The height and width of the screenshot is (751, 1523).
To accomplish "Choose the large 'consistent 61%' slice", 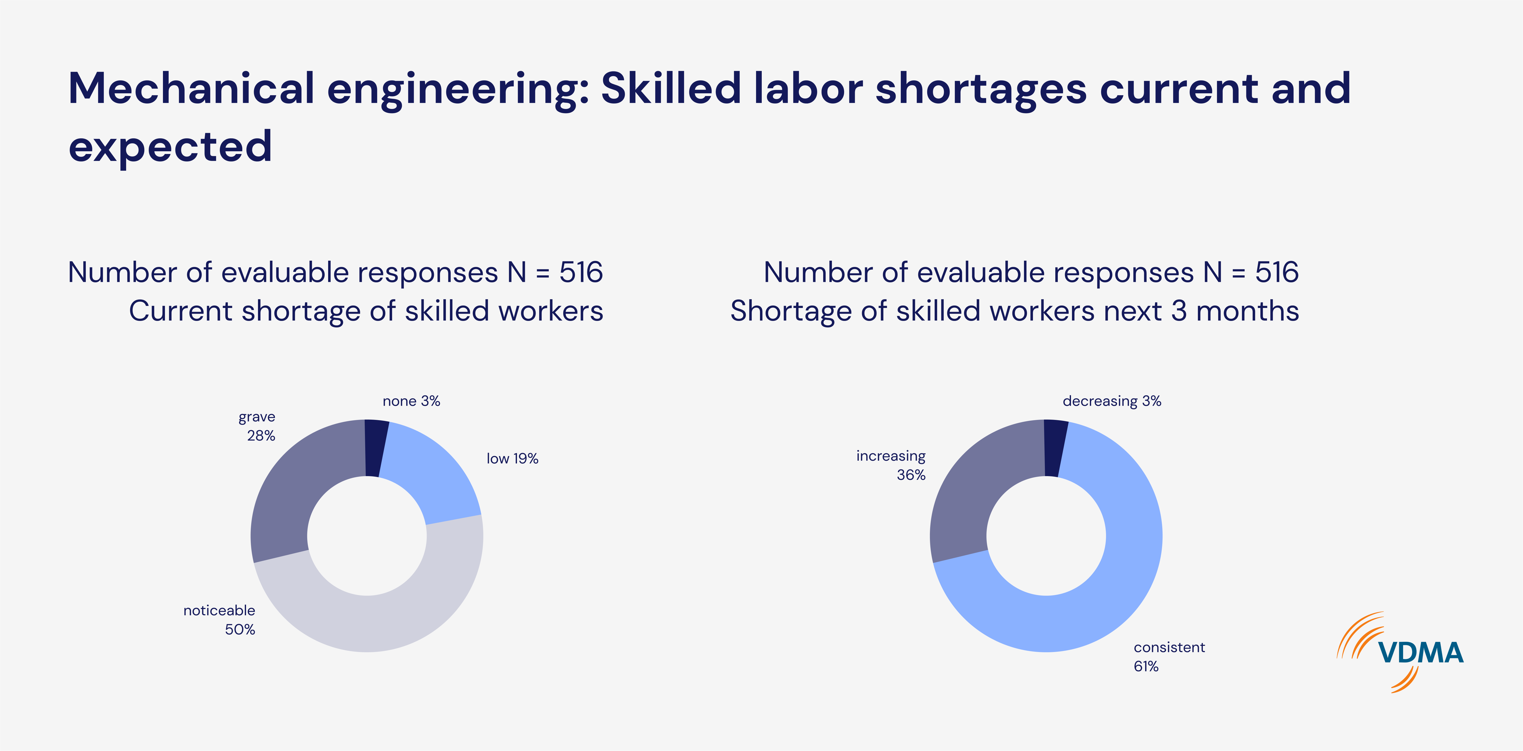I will pyautogui.click(x=1112, y=591).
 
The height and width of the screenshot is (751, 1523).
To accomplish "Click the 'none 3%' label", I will pyautogui.click(x=411, y=401).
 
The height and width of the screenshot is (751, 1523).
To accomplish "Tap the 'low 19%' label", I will pyautogui.click(x=512, y=459).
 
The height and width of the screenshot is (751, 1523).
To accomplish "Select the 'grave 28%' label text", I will pyautogui.click(x=258, y=426).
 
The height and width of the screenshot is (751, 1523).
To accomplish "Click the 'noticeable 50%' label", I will pyautogui.click(x=220, y=620).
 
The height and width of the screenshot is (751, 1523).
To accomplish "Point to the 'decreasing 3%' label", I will pyautogui.click(x=1112, y=401).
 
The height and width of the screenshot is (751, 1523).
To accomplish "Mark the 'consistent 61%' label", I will pyautogui.click(x=1168, y=656).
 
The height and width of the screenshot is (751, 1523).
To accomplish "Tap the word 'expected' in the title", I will pyautogui.click(x=170, y=147).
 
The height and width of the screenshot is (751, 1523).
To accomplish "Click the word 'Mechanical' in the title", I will pyautogui.click(x=190, y=89).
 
